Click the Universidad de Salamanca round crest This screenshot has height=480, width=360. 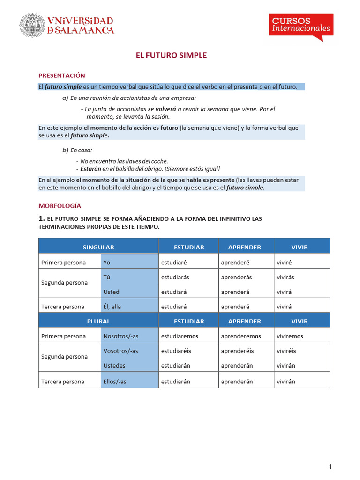[x=31, y=25]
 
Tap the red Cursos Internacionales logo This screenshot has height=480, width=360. [x=301, y=25]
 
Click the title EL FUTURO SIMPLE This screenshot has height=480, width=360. [x=171, y=55]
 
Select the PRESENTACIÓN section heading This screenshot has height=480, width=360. [x=61, y=75]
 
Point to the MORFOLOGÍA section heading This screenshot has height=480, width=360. [x=60, y=205]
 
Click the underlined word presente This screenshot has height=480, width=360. [x=246, y=87]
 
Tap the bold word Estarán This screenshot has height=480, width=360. [x=90, y=169]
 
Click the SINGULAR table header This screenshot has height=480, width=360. [x=98, y=247]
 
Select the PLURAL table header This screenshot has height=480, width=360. [x=98, y=321]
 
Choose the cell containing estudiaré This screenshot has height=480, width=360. [x=174, y=262]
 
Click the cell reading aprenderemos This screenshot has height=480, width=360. [x=241, y=336]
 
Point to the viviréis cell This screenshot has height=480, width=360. [x=286, y=351]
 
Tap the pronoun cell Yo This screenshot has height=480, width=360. [x=107, y=262]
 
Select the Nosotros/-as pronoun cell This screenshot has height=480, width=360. [x=121, y=336]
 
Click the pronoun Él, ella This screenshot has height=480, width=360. [x=112, y=307]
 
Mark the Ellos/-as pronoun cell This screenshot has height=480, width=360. [x=115, y=382]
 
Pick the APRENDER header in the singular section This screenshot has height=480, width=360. [x=245, y=247]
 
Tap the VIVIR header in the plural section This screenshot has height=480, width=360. [x=300, y=321]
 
